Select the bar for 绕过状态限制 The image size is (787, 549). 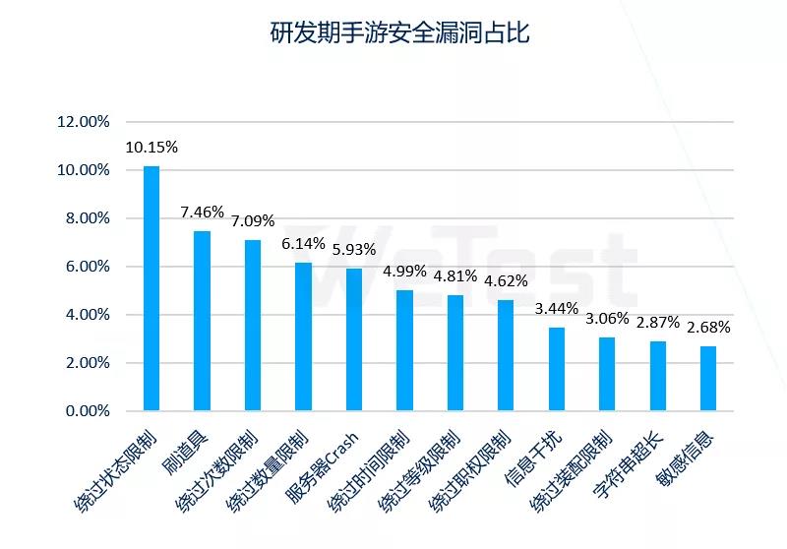click(x=151, y=287)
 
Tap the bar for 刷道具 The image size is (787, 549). click(x=202, y=320)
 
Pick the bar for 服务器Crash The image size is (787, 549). click(x=353, y=338)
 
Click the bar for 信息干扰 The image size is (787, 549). click(x=556, y=368)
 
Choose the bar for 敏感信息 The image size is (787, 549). click(x=708, y=378)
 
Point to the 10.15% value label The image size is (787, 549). click(x=151, y=148)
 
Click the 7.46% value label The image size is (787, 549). click(x=202, y=212)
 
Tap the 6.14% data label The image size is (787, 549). click(x=303, y=244)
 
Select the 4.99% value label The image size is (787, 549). click(x=404, y=272)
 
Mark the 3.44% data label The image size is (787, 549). click(x=556, y=309)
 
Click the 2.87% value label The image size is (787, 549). click(x=658, y=323)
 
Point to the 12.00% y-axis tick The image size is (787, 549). click(x=84, y=122)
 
